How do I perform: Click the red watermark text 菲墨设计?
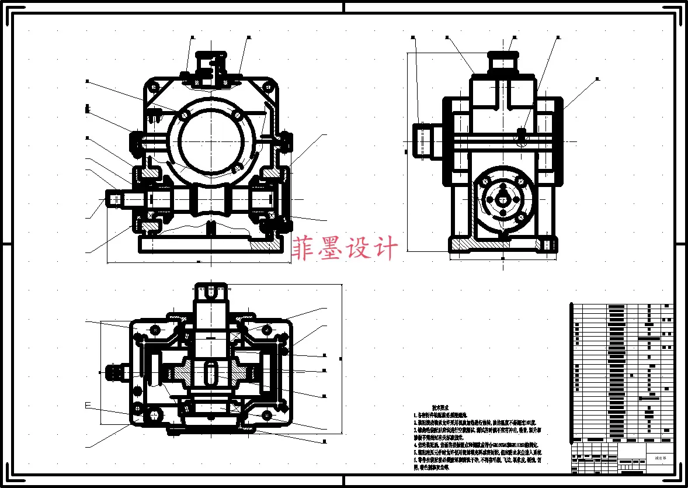point(345,248)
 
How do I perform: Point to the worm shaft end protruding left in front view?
point(115,199)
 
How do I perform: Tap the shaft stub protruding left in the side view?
point(424,140)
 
